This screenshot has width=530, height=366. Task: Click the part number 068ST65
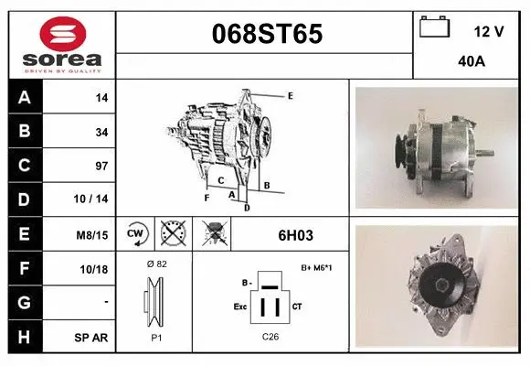(266, 35)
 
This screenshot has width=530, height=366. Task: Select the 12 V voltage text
(490, 31)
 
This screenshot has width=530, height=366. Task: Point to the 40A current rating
(472, 62)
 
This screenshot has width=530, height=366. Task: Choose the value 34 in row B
(101, 132)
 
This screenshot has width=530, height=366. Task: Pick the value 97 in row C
(101, 167)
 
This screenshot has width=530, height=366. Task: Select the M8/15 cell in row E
(93, 235)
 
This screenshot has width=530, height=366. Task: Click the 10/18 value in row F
(95, 269)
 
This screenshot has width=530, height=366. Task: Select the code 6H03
(295, 235)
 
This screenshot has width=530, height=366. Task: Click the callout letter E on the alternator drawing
(290, 95)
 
